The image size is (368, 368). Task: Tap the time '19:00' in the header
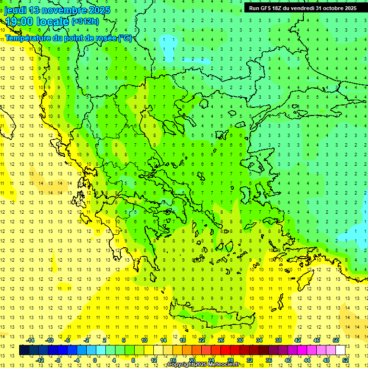(20, 22)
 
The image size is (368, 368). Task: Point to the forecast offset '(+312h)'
(85, 22)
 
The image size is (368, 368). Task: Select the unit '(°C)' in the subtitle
(125, 38)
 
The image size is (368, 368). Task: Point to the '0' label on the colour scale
(95, 360)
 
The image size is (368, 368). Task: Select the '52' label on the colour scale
(345, 360)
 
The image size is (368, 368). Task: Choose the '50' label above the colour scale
(336, 340)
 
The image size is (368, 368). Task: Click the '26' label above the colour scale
(221, 340)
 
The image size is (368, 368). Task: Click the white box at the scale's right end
(340, 350)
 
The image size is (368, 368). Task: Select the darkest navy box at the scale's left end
(24, 350)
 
